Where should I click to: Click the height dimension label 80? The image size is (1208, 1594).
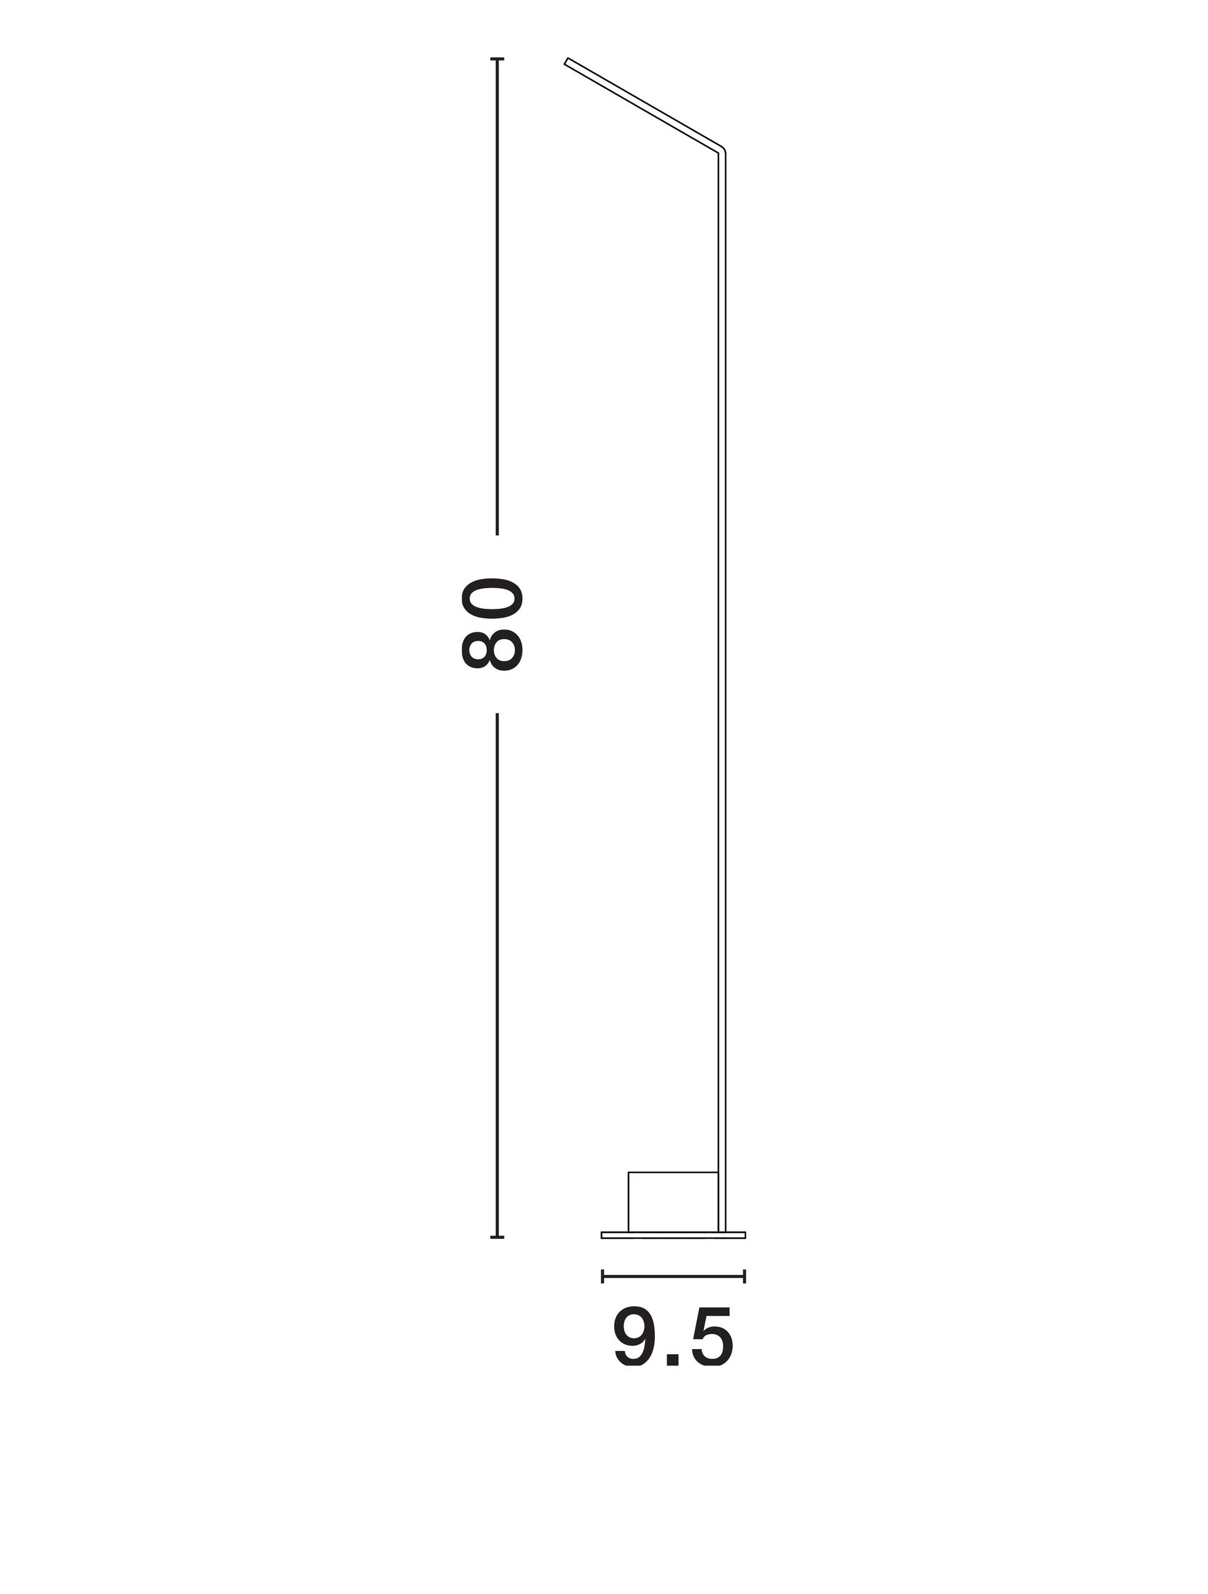point(491,624)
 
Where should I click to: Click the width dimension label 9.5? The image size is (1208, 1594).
point(673,1336)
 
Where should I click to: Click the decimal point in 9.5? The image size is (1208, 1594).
point(673,1360)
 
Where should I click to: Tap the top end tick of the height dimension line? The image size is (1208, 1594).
point(497,59)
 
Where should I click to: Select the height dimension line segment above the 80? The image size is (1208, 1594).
point(497,297)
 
